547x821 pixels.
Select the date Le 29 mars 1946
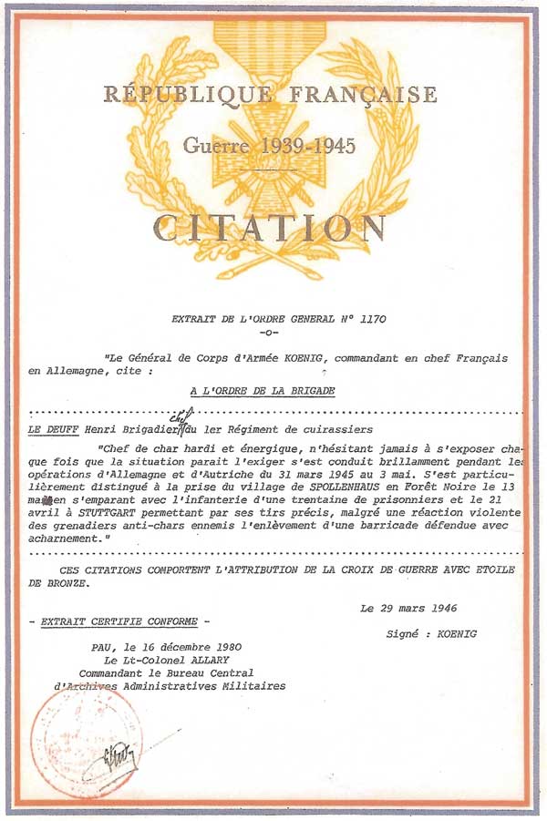[x=408, y=609]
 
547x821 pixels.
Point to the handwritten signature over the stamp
[x=119, y=754]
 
